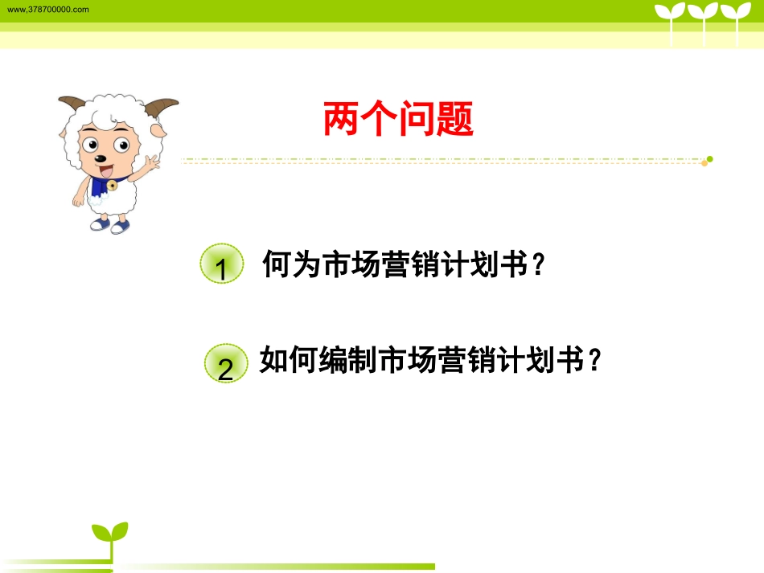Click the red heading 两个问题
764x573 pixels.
(x=398, y=120)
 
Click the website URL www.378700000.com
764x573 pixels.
(x=47, y=9)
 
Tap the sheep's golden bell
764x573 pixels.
(x=112, y=186)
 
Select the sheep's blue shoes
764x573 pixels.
(x=110, y=224)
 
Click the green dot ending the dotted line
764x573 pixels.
(x=709, y=159)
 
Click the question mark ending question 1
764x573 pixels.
(x=539, y=264)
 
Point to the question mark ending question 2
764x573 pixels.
(x=594, y=362)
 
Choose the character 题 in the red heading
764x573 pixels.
(x=455, y=120)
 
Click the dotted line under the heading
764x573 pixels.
(x=442, y=161)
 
